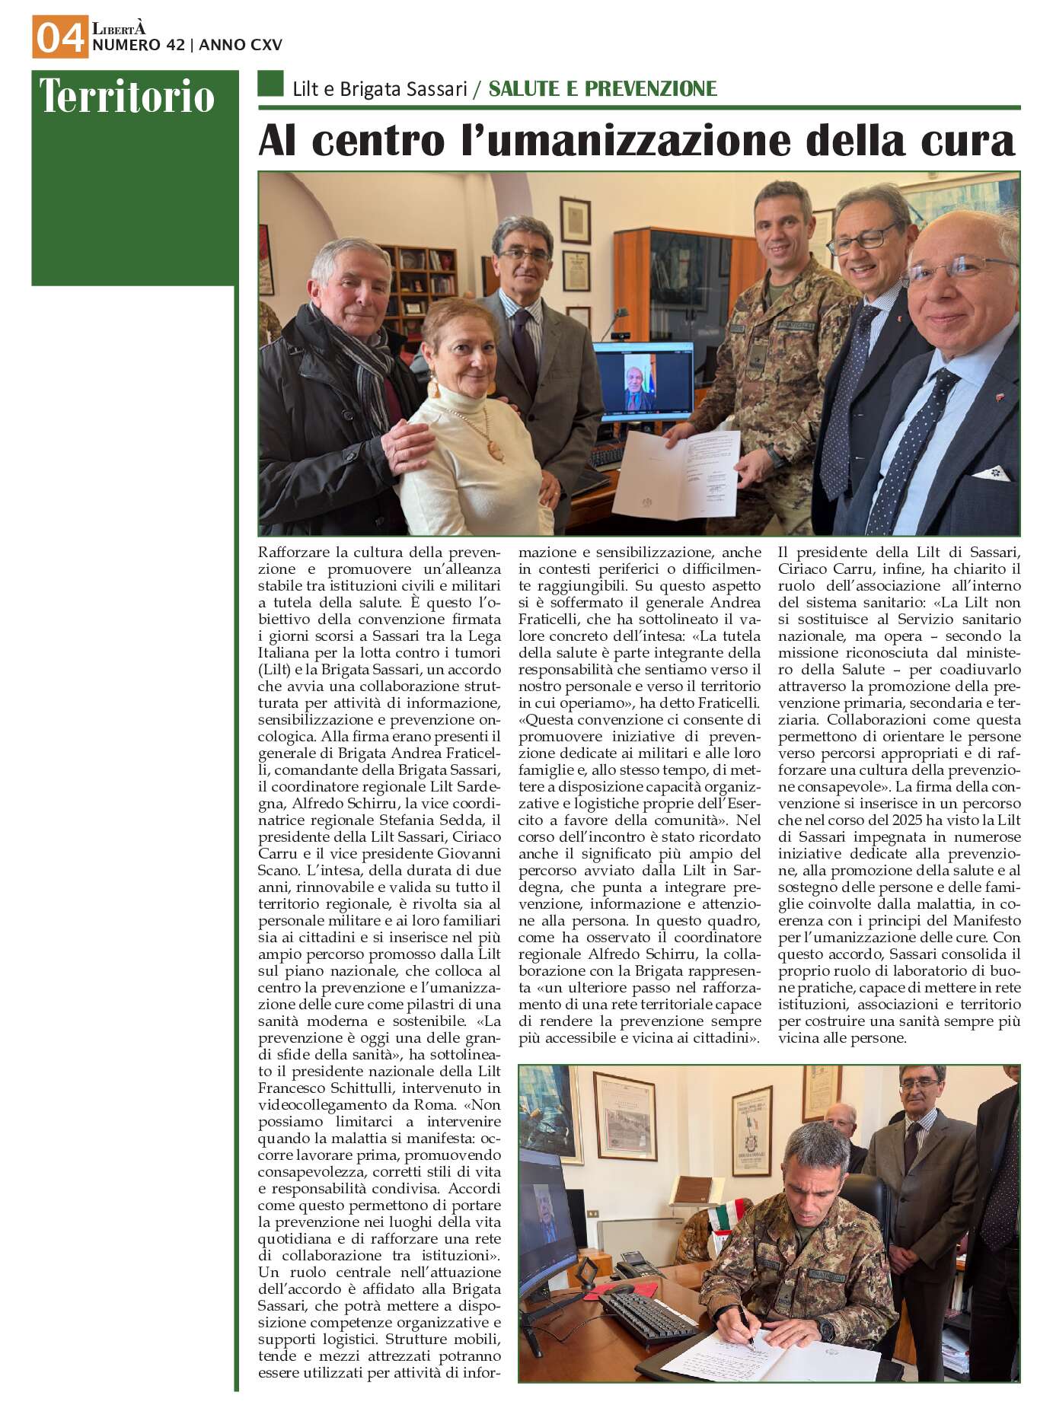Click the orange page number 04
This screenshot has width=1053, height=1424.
point(59,37)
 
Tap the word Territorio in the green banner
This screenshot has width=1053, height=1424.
point(127,97)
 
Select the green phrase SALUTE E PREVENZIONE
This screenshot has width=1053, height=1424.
point(602,89)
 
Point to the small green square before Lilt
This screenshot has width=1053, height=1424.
point(270,84)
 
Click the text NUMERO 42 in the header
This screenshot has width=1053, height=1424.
point(138,46)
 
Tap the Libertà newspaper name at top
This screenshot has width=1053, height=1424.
point(118,29)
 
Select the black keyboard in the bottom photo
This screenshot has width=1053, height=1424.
point(647,1317)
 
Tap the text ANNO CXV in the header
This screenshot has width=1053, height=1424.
point(241,46)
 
